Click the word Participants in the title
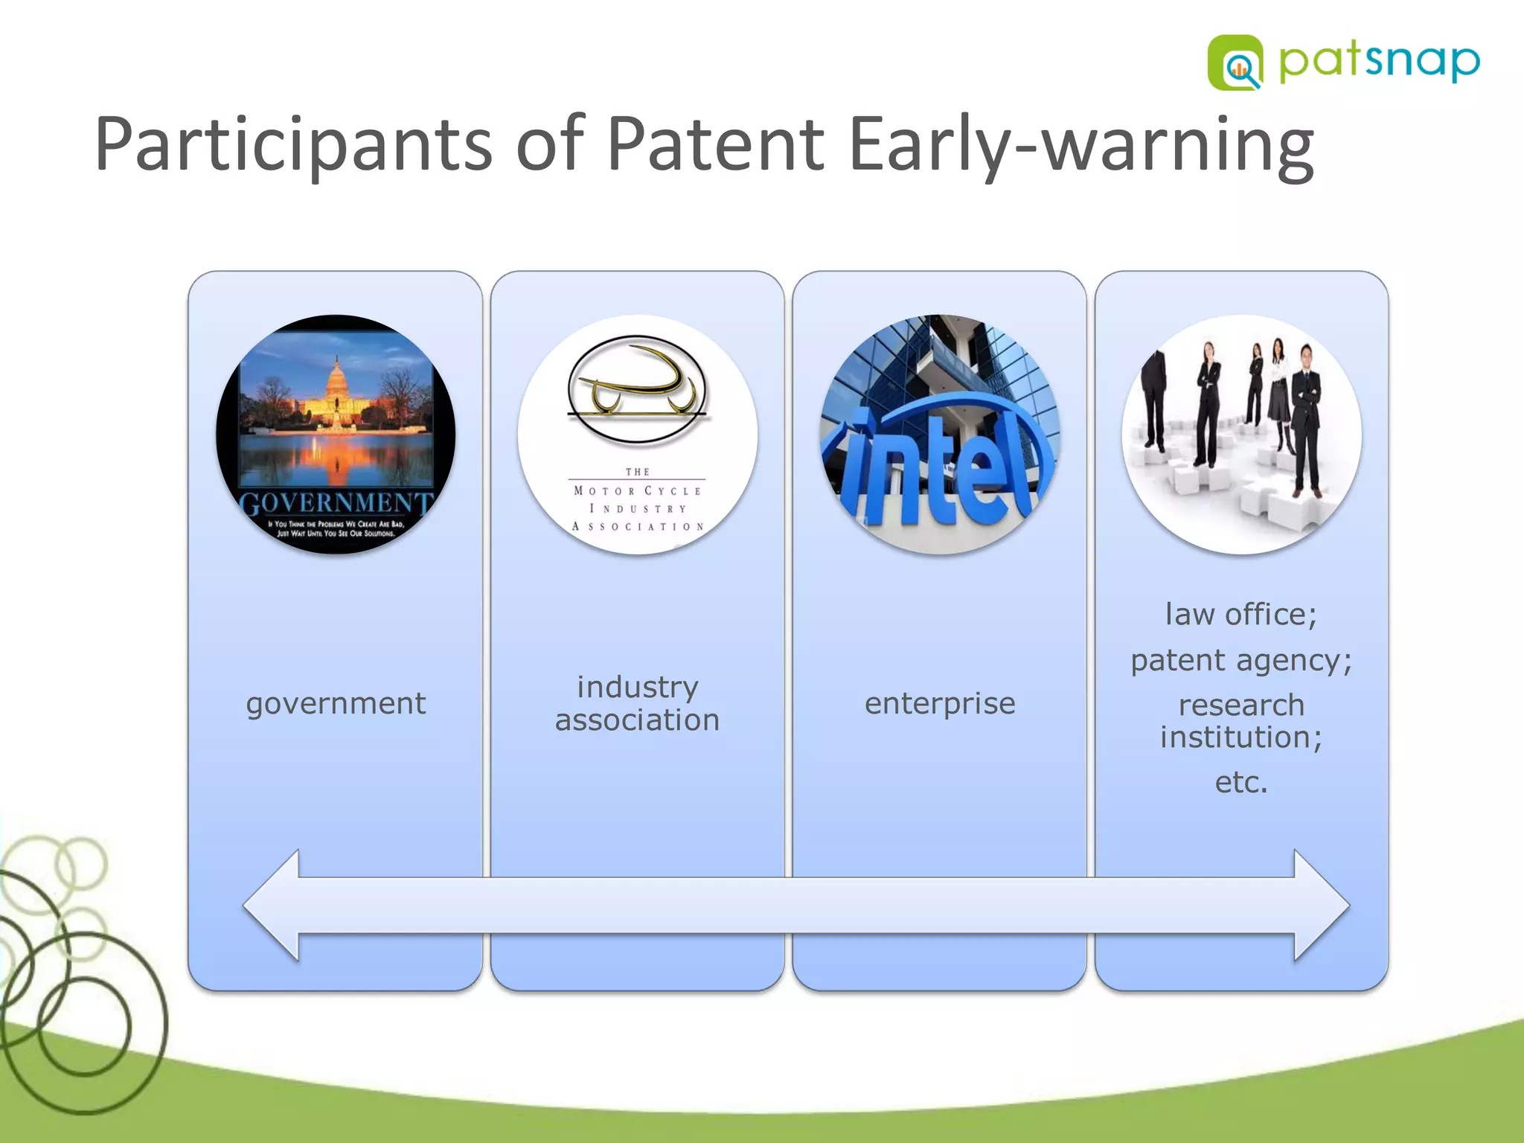click(292, 145)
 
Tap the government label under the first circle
click(336, 703)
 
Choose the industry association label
click(638, 703)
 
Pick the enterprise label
click(940, 703)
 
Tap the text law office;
click(1241, 615)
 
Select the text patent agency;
click(1241, 660)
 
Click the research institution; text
click(1241, 721)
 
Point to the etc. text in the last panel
click(1241, 782)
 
